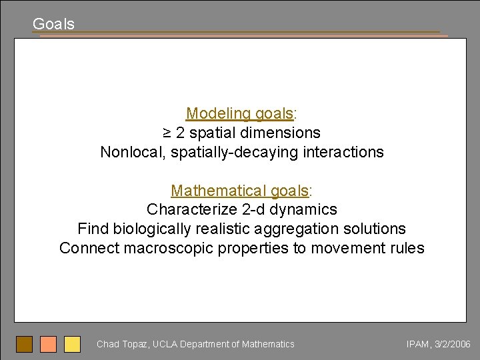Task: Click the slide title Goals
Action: pos(53,24)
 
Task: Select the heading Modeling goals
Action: pos(239,113)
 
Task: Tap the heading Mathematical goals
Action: pos(239,191)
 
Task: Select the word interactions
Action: pos(343,152)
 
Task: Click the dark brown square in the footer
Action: pos(25,344)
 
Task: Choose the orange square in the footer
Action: pos(48,344)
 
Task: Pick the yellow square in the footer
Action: pos(72,344)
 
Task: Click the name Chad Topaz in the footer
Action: pos(122,344)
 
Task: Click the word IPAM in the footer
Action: pos(419,344)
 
